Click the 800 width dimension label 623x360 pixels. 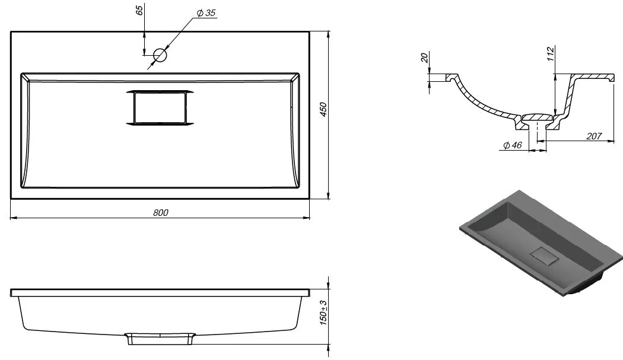point(161,212)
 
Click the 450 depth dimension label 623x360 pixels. point(323,109)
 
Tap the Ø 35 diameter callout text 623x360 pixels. point(206,13)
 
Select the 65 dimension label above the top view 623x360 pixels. point(139,11)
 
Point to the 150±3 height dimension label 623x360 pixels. point(324,313)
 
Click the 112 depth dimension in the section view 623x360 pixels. point(550,53)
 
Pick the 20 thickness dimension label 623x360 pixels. point(425,58)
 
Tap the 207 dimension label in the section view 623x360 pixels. point(594,136)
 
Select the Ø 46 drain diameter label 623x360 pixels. point(513,145)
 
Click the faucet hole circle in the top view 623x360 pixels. point(160,55)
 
